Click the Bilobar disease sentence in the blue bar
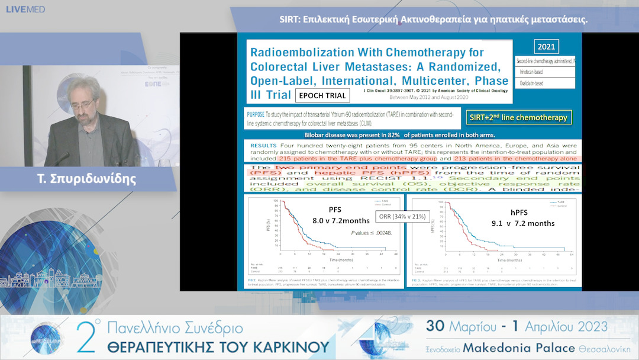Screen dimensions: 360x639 coord(408,135)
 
